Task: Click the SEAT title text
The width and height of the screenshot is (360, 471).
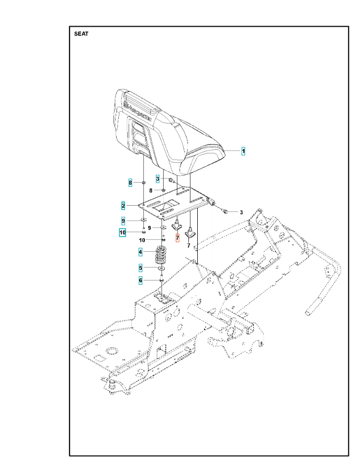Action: tap(81, 34)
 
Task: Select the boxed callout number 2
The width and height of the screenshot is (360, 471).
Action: tap(123, 206)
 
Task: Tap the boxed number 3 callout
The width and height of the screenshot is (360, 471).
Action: tap(157, 178)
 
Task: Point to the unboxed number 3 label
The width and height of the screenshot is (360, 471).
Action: tap(241, 212)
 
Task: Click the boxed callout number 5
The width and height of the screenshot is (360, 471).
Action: tap(141, 267)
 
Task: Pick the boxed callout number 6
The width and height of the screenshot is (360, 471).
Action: tap(141, 281)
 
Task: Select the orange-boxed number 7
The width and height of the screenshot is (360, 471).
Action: tap(177, 238)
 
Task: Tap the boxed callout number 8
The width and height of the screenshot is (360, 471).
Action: tap(130, 182)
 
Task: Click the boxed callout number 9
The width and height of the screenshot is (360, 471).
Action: tap(123, 220)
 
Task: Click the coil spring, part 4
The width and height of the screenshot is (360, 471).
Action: tap(161, 255)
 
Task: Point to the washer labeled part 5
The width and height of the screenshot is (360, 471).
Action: tap(162, 268)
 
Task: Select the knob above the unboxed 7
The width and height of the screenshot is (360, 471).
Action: tap(190, 232)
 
